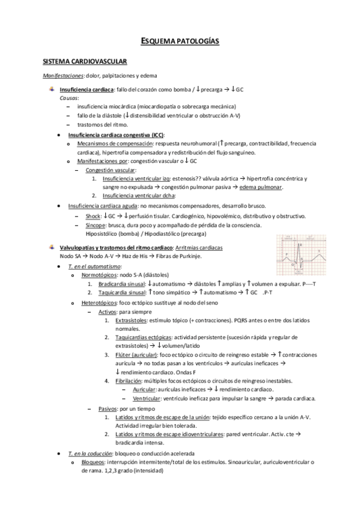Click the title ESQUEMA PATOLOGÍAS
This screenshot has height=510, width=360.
coord(180,41)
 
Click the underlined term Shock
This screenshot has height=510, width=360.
coord(93,216)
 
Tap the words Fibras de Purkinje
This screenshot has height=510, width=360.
coord(180,256)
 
